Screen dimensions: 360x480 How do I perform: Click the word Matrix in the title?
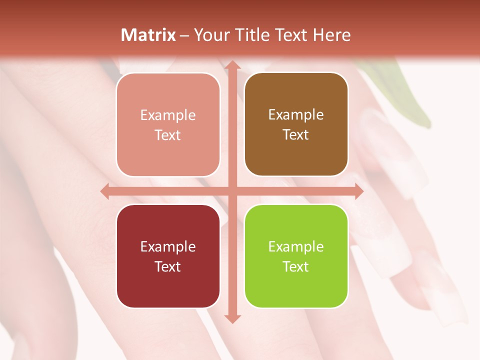148,35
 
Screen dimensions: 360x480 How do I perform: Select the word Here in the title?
332,35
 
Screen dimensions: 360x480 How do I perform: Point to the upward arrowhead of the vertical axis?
232,65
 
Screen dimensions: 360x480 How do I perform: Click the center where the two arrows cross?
232,191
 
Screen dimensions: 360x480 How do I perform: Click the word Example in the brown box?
296,114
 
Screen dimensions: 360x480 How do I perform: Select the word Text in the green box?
296,266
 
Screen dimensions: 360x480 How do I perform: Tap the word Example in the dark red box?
168,246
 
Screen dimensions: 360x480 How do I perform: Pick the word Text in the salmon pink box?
168,135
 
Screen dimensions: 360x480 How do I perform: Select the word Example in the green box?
296,246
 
